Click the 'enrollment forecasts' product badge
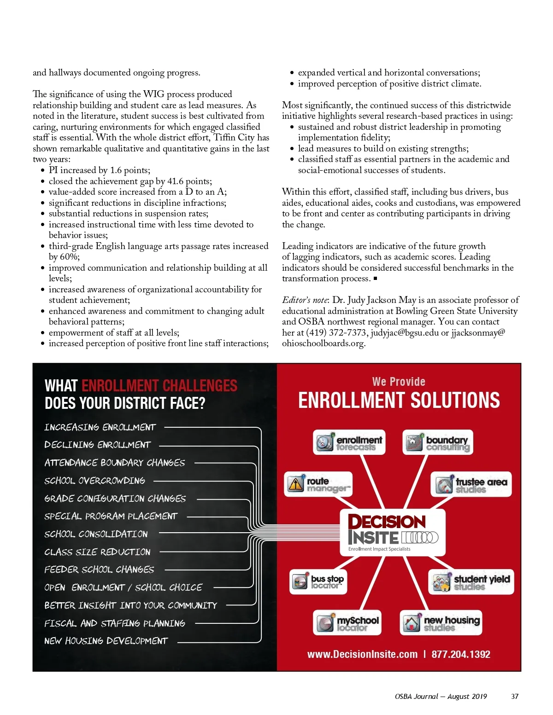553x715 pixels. (x=349, y=442)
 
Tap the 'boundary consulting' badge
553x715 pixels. (x=438, y=442)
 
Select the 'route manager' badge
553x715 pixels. (x=318, y=484)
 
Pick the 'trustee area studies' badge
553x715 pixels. (x=471, y=485)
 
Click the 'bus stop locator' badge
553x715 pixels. (x=318, y=581)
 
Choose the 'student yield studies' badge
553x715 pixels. (x=471, y=582)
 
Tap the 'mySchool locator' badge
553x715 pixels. (x=347, y=622)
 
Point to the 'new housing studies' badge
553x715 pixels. (x=441, y=623)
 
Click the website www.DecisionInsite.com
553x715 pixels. (x=362, y=654)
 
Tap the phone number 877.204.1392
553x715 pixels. (x=461, y=654)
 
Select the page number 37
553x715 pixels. (x=515, y=696)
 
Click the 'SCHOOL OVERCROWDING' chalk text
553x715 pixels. (x=94, y=481)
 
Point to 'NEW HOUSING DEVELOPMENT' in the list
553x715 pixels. (x=106, y=641)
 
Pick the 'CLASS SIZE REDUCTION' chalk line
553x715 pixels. (x=97, y=552)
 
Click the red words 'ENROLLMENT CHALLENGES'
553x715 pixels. (x=159, y=385)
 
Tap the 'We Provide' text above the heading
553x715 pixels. (x=399, y=382)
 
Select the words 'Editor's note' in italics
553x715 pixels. (x=305, y=300)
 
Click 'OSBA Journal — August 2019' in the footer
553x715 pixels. (x=441, y=696)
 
